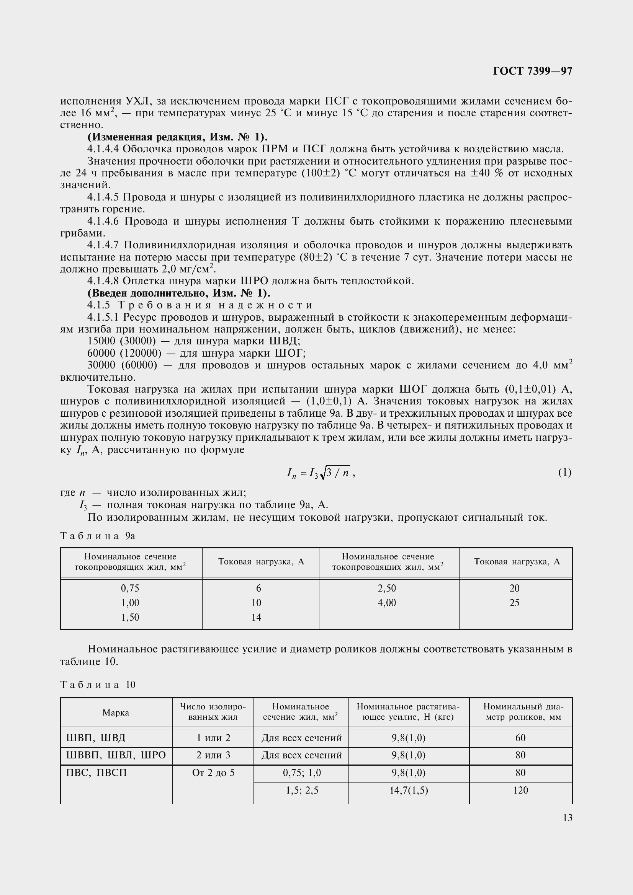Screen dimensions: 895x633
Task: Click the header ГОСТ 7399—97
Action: (x=532, y=71)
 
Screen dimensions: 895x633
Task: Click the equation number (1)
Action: (x=564, y=473)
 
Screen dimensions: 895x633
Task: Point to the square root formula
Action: (x=320, y=473)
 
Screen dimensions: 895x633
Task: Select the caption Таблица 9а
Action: (x=98, y=536)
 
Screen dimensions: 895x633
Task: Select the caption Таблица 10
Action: (x=98, y=685)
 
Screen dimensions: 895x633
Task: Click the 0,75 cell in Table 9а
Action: (x=130, y=588)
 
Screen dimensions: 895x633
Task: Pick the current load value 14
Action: (x=256, y=617)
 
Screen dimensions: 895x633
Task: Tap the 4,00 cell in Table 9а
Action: (x=387, y=603)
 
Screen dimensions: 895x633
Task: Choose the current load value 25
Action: (x=514, y=603)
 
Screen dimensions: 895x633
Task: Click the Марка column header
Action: (x=116, y=712)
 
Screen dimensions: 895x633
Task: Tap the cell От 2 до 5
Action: (x=213, y=773)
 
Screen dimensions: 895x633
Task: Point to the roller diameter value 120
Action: (x=521, y=790)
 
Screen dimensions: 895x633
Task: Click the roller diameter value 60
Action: (x=521, y=738)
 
